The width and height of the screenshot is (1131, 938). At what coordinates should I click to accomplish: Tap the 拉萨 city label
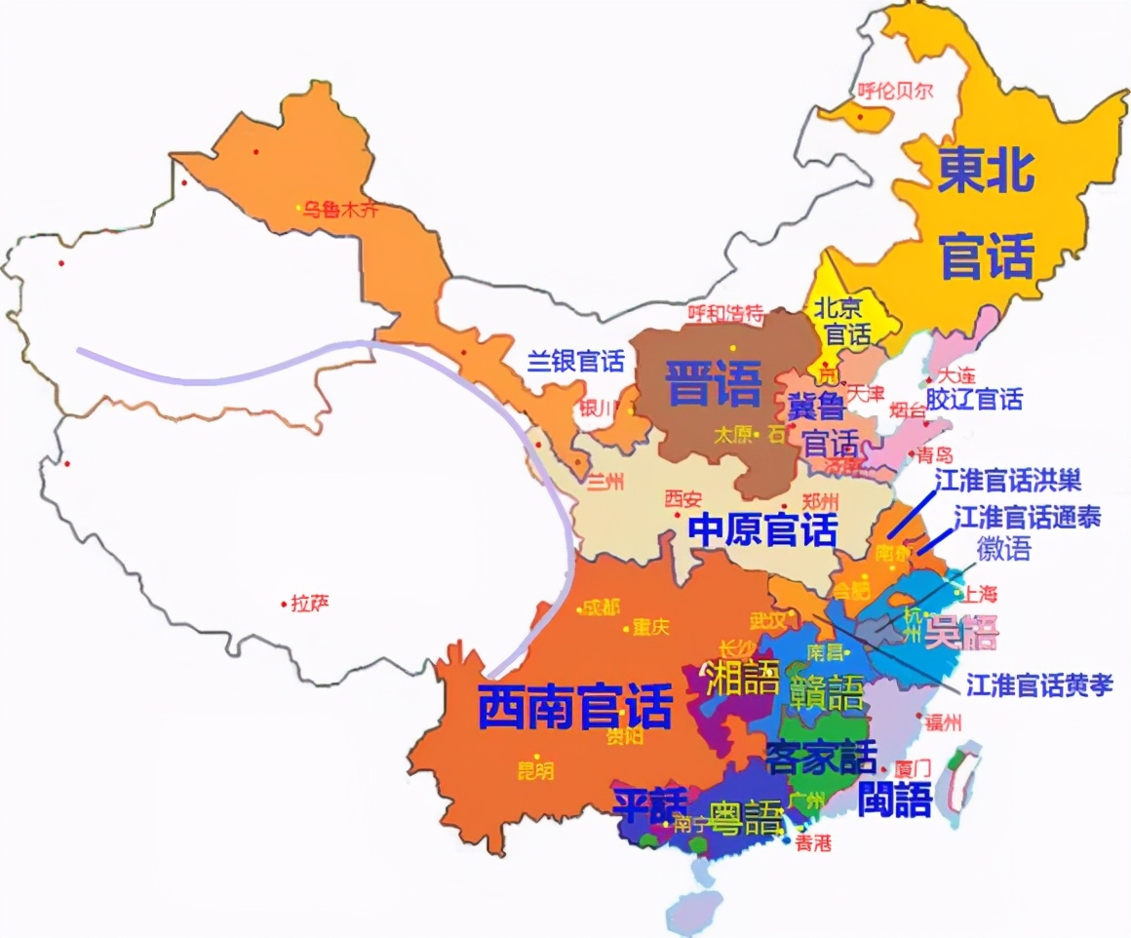[310, 604]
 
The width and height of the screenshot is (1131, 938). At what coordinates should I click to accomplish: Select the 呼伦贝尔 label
[895, 92]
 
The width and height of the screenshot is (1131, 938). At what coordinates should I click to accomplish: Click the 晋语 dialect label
[713, 383]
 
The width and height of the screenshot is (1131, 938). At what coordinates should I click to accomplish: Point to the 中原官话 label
[762, 531]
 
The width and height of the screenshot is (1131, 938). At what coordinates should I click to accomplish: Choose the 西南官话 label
[575, 705]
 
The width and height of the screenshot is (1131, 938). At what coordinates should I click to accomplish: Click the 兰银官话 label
[575, 362]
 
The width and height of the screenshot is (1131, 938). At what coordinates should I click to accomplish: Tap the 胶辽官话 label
[974, 399]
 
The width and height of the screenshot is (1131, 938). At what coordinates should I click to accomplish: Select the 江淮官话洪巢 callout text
[1007, 480]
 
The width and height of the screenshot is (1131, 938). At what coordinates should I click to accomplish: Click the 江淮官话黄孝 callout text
[1039, 685]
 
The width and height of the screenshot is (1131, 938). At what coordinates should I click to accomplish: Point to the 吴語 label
[962, 634]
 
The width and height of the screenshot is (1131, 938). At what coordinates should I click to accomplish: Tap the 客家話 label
[821, 756]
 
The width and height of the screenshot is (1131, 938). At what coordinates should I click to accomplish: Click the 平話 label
[649, 802]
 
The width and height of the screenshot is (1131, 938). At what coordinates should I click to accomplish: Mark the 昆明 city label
[534, 771]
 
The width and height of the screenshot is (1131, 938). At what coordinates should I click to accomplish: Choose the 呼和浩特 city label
[725, 313]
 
